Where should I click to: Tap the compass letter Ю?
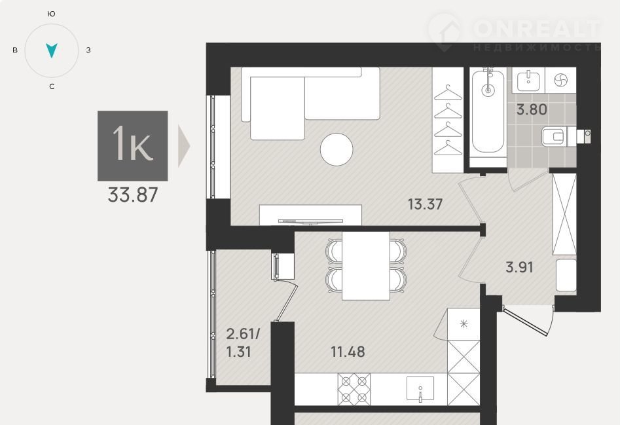tap(51, 14)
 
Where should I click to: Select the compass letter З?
tap(88, 50)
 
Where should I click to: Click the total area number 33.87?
tap(133, 195)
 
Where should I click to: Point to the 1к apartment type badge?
tap(133, 146)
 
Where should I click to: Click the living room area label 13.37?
tap(425, 204)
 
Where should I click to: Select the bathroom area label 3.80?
tap(532, 109)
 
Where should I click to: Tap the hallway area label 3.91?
tap(520, 268)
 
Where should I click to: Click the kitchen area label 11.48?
tap(348, 352)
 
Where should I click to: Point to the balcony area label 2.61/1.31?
tap(243, 342)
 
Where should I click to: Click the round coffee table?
tap(337, 149)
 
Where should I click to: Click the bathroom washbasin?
tap(528, 80)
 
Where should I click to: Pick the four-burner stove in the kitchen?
tap(354, 389)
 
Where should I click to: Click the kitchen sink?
tap(420, 389)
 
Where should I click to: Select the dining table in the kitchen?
tap(366, 266)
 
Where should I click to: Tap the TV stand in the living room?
tap(310, 215)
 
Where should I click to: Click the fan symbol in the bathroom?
tap(560, 81)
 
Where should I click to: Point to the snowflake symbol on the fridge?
tap(464, 324)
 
